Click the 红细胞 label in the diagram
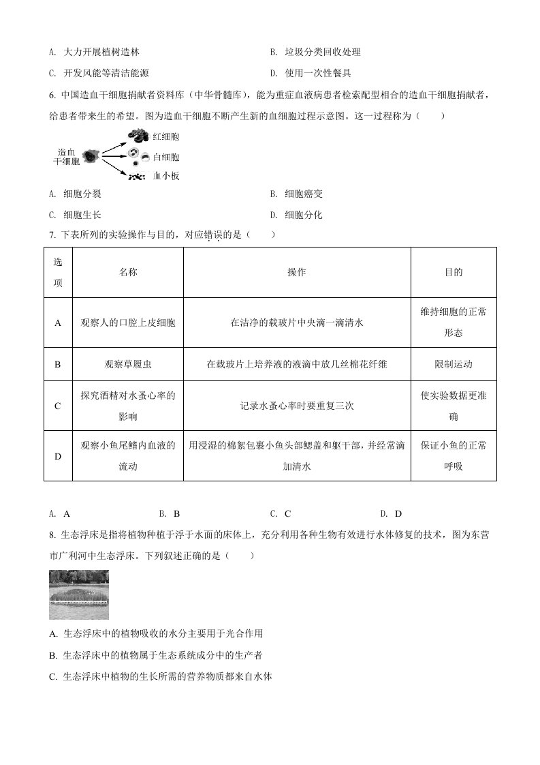166,137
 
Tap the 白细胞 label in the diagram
166,157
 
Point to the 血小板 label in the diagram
166,176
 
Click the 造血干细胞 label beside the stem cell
67,157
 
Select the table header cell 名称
128,272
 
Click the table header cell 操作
297,272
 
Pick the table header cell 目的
454,272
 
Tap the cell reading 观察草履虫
128,364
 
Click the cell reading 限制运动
454,364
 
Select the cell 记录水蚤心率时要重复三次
297,406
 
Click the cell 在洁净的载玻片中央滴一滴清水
297,322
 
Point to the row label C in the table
58,406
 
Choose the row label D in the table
58,456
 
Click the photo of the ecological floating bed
79,595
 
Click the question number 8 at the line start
52,535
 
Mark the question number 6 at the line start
52,95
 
